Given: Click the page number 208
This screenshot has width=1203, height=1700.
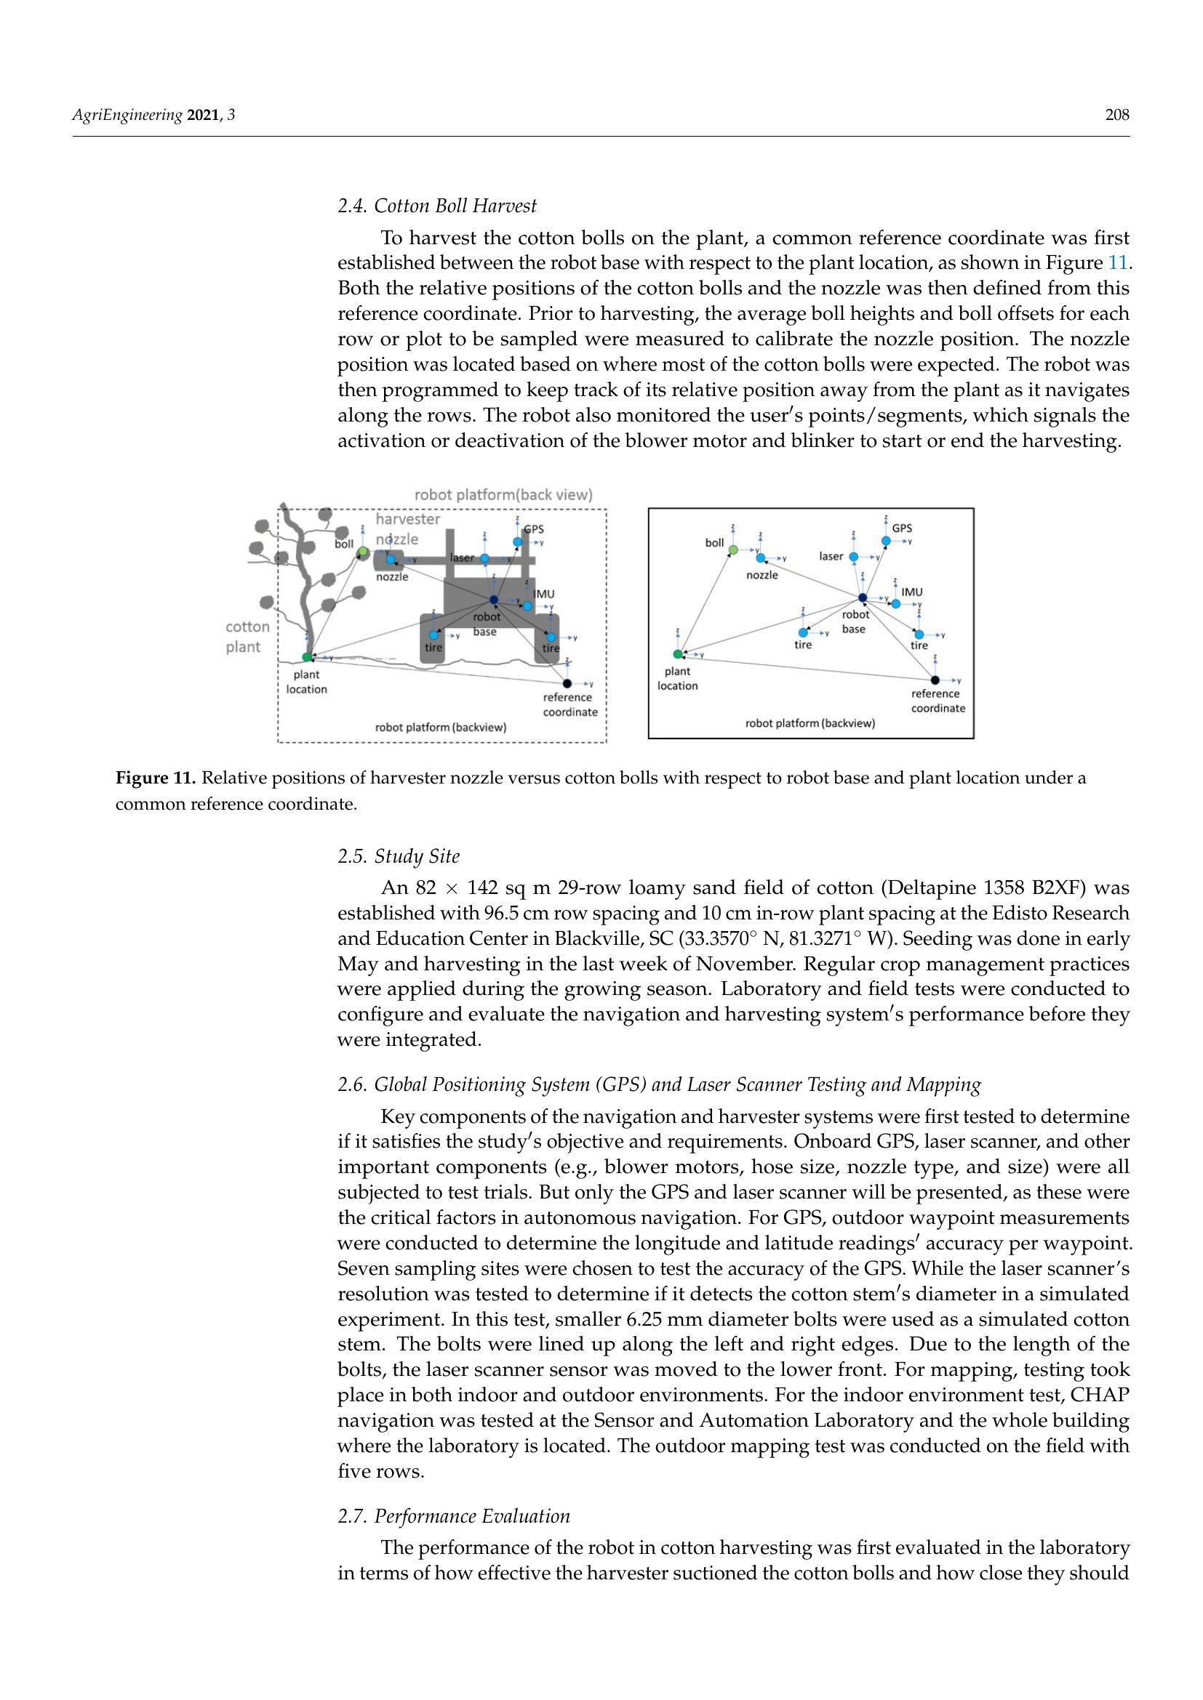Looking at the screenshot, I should coord(1117,115).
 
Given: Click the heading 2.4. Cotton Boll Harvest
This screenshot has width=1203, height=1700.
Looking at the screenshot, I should coord(437,206).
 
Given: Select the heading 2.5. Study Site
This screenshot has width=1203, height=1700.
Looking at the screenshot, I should coord(399,857).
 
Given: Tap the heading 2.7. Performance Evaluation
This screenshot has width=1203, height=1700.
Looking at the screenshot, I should coord(454,1516).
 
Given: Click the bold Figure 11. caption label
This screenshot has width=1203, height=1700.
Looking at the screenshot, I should coord(156,778).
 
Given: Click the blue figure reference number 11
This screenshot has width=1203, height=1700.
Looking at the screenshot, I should coord(1117,263).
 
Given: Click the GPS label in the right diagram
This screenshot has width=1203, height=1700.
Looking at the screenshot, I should coord(901,528).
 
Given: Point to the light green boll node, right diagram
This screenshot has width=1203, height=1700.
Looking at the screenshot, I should coord(733,549).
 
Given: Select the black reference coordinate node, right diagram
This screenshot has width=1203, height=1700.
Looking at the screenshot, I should coord(935,680).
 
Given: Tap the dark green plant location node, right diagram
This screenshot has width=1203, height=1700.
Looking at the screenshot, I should coord(678,654).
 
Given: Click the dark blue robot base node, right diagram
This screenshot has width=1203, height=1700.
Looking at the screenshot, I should coord(863,597).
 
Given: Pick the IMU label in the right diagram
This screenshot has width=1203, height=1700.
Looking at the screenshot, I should coord(912,592).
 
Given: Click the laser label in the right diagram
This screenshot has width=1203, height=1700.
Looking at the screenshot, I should coord(831,556).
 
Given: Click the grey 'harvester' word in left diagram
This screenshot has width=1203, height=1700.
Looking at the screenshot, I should coord(408,519).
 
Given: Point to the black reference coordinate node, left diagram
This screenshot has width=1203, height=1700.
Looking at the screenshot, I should coord(567,683).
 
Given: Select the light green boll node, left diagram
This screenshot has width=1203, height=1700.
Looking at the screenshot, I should coord(363,552).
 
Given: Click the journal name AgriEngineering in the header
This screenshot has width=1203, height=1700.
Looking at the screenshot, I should coord(127,115).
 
